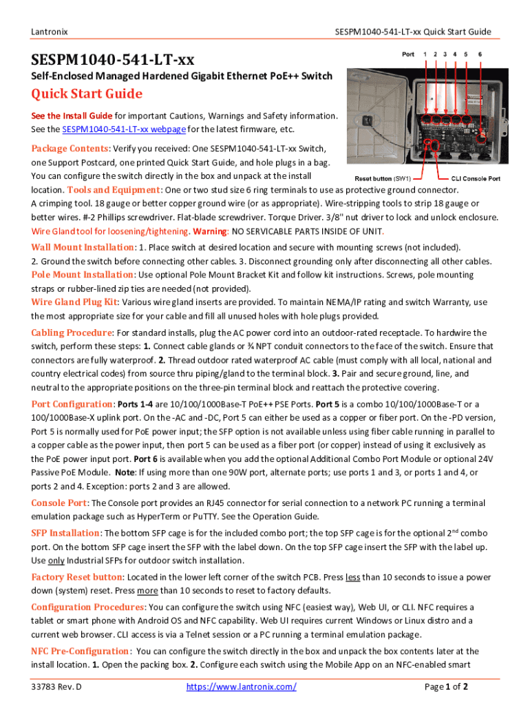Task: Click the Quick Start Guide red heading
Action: pyautogui.click(x=87, y=94)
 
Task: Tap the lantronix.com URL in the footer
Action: pyautogui.click(x=242, y=686)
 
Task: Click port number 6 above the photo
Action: pyautogui.click(x=480, y=54)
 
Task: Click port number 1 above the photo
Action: pyautogui.click(x=425, y=54)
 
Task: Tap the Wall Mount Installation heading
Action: pyautogui.click(x=83, y=247)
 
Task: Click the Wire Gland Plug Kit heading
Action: pyautogui.click(x=75, y=302)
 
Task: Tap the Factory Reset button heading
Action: pyautogui.click(x=76, y=577)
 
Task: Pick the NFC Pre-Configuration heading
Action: pyautogui.click(x=80, y=651)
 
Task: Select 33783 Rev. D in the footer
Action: pyautogui.click(x=56, y=686)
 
